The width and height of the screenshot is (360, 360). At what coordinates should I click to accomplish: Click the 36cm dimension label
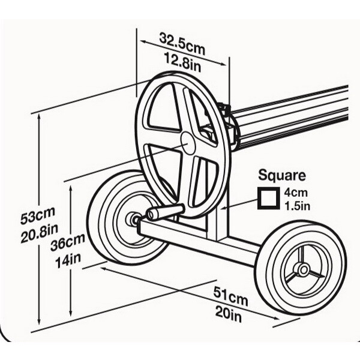point(67,244)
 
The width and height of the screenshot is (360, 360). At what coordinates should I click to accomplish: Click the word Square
point(282,176)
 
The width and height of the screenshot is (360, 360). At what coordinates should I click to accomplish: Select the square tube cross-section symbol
point(268,199)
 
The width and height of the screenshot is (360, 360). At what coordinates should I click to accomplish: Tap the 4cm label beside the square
point(295,193)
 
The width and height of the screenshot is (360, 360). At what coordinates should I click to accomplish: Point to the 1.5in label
point(296,206)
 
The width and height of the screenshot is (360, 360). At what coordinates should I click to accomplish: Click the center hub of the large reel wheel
point(187,143)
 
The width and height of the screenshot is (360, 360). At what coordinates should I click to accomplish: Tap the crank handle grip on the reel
point(165,212)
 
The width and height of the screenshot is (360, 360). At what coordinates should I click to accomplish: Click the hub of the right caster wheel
point(302,269)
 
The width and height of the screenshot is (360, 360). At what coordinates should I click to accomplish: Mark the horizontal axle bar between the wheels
point(198,241)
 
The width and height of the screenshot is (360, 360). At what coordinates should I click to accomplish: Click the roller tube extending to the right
point(294,117)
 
